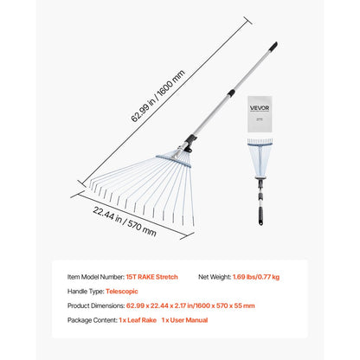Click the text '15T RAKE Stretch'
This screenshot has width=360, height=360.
152,277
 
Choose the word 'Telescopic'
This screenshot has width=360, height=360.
125,291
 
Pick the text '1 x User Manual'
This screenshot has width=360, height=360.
183,320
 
